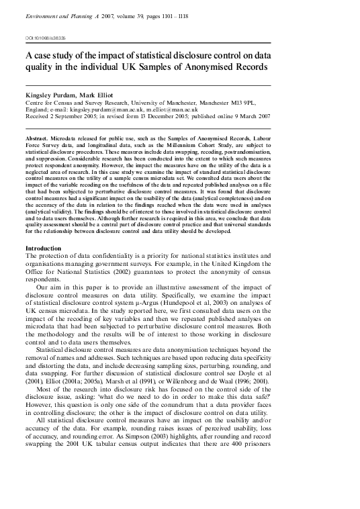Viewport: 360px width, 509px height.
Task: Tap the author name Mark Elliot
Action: (101, 96)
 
